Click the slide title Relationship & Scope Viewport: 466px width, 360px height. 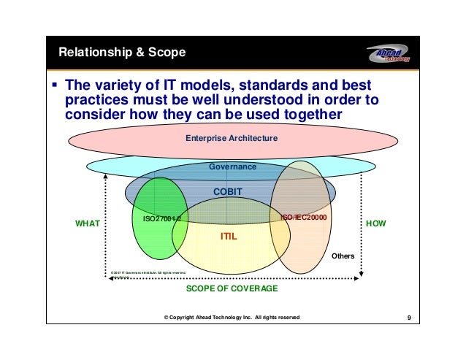121,53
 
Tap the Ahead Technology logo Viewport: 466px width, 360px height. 387,53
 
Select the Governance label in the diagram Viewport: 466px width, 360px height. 232,166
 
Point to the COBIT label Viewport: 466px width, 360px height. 227,191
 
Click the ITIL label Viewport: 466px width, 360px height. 229,237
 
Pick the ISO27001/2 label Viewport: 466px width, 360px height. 161,218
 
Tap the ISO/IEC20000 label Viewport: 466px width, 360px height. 303,217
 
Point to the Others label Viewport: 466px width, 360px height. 343,256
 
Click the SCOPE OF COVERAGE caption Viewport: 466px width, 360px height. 232,289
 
